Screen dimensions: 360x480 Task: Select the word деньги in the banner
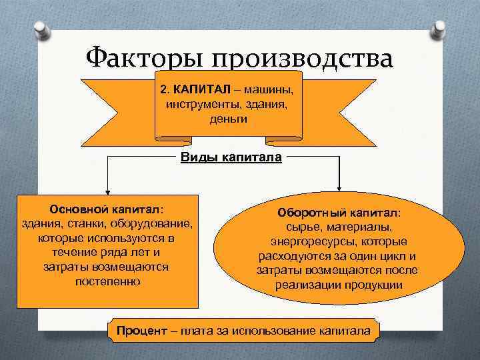coord(228,119)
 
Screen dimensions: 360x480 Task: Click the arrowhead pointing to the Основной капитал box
coord(105,190)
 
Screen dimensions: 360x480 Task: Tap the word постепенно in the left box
coord(108,281)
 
